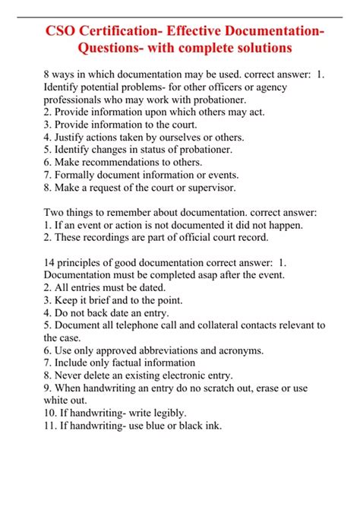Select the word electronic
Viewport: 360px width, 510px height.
197,375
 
